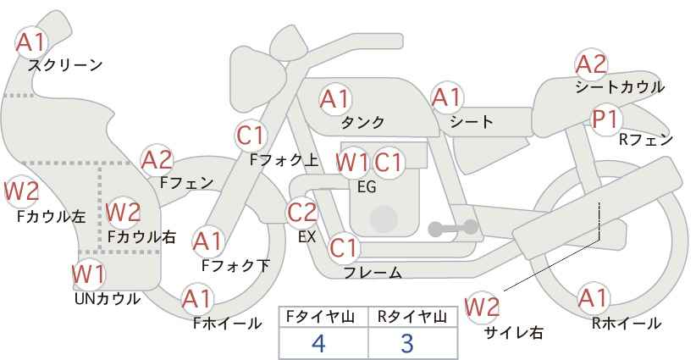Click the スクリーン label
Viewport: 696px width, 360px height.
(x=65, y=66)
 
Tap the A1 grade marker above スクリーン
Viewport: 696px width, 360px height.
(x=30, y=42)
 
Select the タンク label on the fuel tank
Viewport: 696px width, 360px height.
(x=362, y=122)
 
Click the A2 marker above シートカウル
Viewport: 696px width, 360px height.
(x=591, y=64)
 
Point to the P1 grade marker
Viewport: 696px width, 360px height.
(x=606, y=119)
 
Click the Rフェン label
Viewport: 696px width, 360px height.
(x=646, y=140)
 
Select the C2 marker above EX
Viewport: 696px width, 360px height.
(x=302, y=212)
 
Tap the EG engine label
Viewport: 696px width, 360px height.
(x=367, y=187)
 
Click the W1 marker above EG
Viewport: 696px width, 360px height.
(x=352, y=163)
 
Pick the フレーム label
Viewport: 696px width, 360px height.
(x=373, y=273)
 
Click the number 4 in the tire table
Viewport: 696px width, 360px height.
(x=318, y=343)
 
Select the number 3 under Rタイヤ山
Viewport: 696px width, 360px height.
(x=406, y=343)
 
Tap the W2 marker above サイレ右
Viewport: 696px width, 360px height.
(x=481, y=307)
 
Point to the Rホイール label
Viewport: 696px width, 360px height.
(x=627, y=324)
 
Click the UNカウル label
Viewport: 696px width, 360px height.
(x=108, y=299)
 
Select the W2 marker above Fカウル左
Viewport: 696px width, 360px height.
(x=22, y=191)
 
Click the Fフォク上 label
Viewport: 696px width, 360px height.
(x=284, y=160)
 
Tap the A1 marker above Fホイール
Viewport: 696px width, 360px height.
(x=197, y=299)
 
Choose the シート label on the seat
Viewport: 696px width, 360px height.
(x=472, y=122)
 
